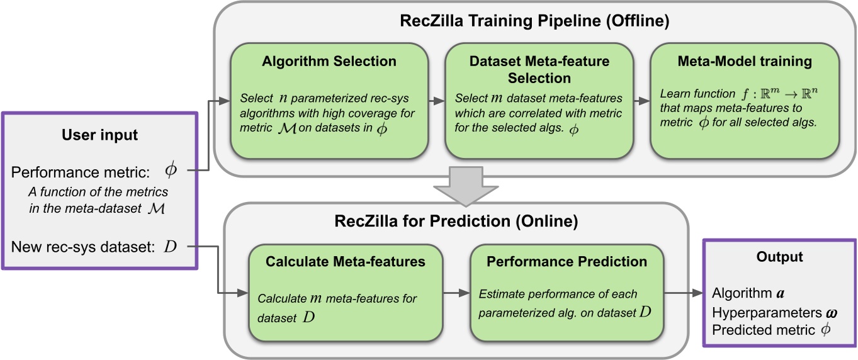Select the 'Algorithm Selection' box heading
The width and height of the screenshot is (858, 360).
(x=329, y=61)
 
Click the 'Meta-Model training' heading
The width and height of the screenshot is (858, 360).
(x=745, y=61)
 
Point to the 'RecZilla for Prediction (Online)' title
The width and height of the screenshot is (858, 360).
(x=456, y=222)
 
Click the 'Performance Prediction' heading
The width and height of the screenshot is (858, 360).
(x=567, y=262)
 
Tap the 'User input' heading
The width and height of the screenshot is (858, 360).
(x=101, y=134)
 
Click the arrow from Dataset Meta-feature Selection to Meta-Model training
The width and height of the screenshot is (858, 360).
(x=642, y=101)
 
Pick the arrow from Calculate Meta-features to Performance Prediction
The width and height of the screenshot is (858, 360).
(x=458, y=293)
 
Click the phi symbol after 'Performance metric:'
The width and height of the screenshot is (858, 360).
(x=171, y=170)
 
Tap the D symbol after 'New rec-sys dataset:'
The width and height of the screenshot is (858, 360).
(x=171, y=245)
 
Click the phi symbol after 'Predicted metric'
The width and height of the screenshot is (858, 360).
(x=826, y=330)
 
